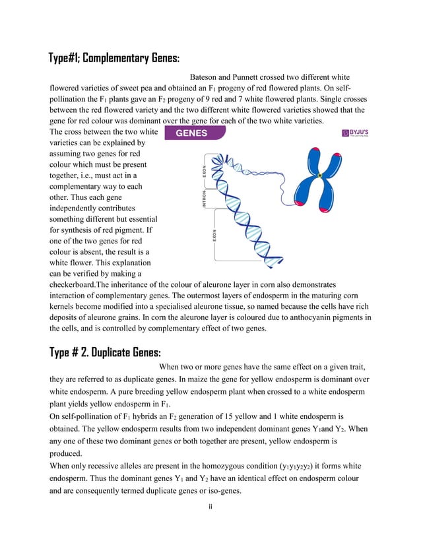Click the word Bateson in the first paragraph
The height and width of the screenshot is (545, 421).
tap(206, 77)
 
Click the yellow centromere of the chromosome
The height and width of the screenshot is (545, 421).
tap(319, 176)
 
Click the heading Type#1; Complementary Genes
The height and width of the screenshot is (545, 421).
tap(114, 57)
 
